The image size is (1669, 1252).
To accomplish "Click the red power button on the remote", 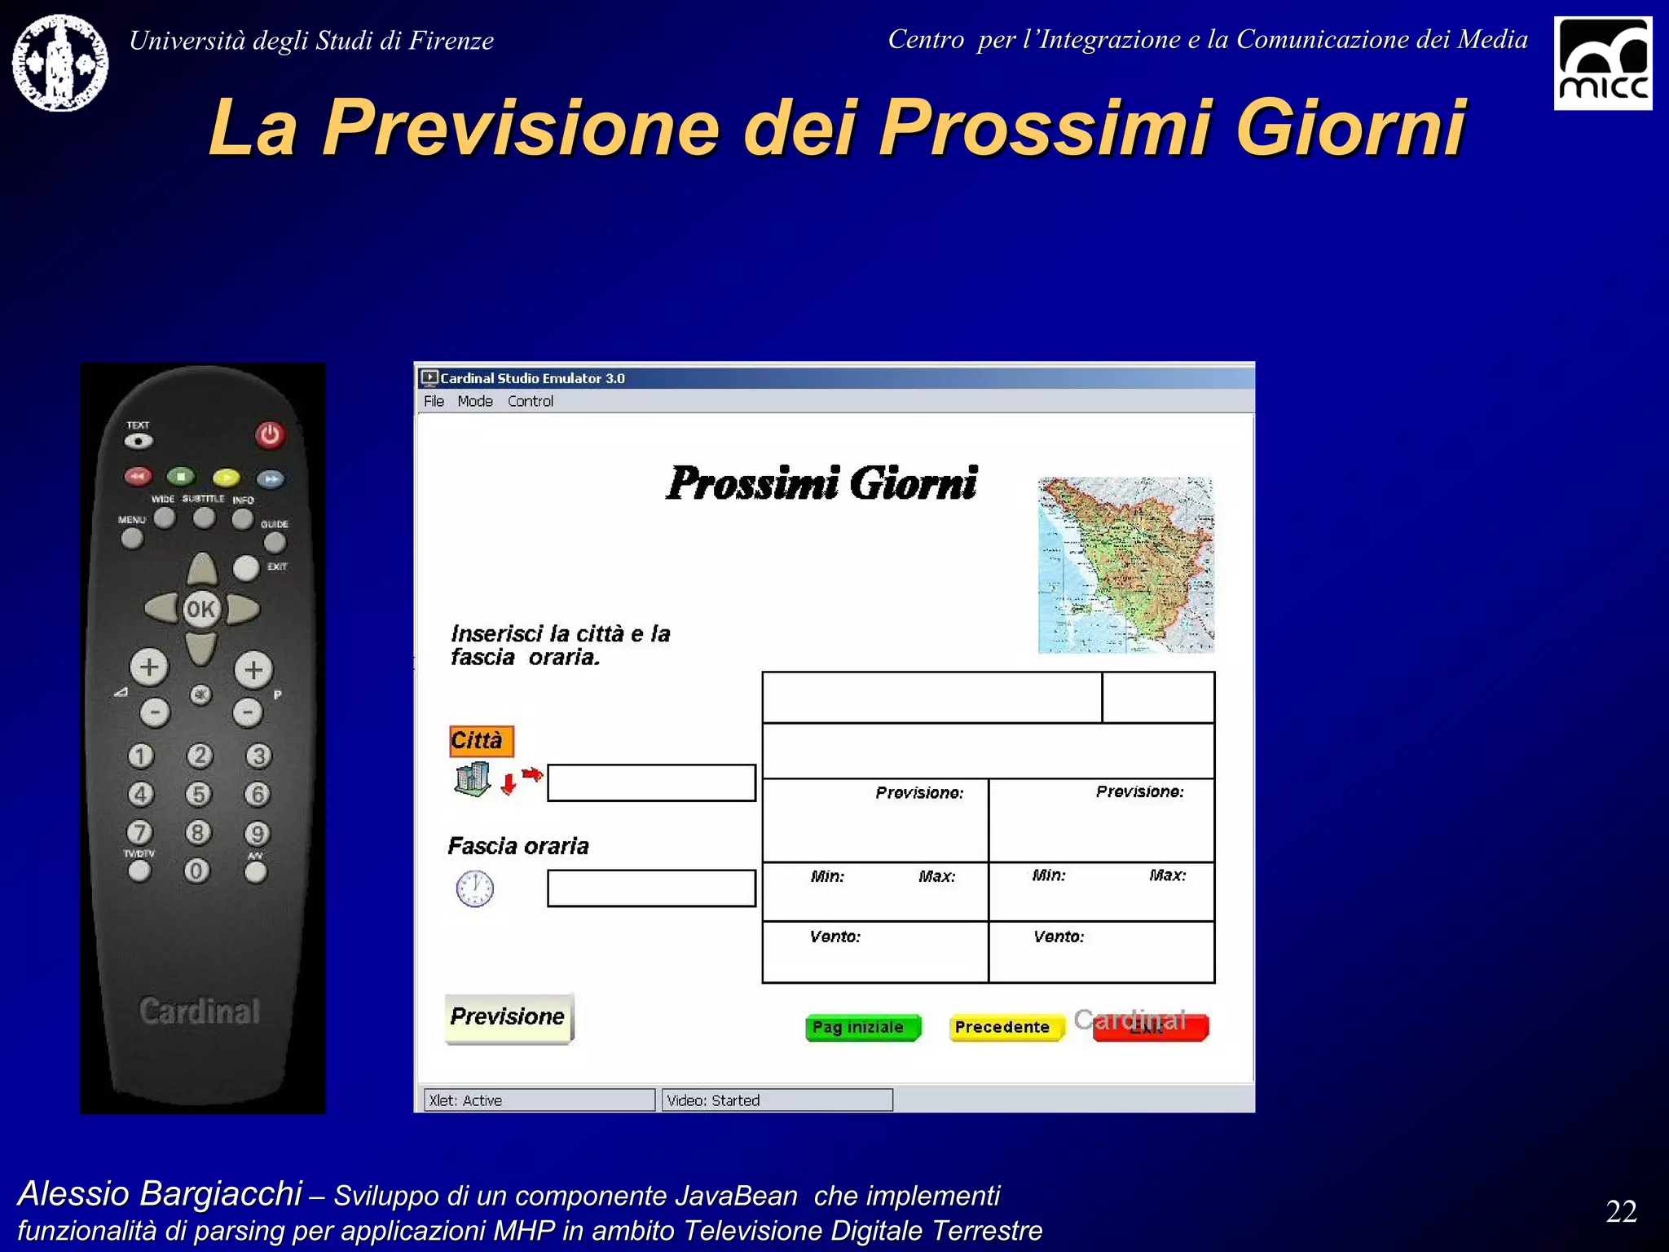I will pos(270,434).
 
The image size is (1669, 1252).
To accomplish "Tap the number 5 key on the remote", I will pos(198,793).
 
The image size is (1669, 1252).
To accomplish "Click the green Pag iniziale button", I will pos(862,1027).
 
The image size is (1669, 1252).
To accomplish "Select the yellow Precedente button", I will pos(1006,1027).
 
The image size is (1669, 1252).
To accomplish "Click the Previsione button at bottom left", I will pos(509,1017).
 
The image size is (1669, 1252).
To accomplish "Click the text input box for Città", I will pos(651,782).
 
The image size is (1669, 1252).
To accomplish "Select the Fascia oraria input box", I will pos(651,888).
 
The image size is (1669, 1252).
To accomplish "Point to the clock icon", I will pos(474,888).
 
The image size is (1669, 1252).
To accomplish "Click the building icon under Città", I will pos(473,779).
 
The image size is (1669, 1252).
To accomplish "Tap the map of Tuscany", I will pos(1126,565).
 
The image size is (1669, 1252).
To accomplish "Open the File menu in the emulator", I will pos(434,401).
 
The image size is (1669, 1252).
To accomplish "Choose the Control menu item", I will pos(530,401).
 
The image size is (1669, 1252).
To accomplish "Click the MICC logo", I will pos(1602,63).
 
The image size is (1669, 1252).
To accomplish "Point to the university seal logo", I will pos(60,63).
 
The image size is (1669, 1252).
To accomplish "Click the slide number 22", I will pos(1621,1211).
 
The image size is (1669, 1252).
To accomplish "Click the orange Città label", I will pos(481,740).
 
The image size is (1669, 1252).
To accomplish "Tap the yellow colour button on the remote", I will pos(226,478).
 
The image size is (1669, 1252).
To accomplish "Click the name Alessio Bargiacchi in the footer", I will pos(160,1193).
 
